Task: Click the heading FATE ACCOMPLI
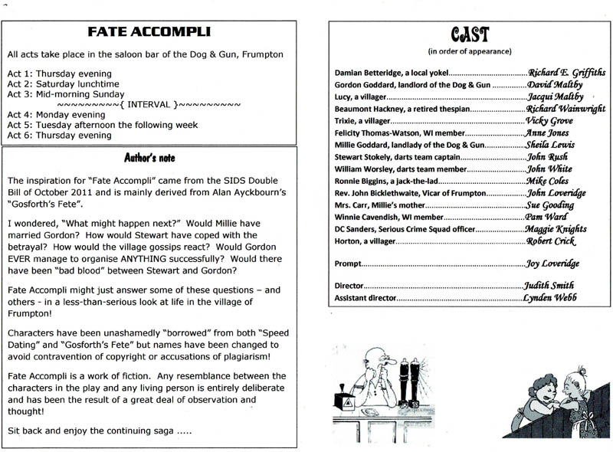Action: point(149,32)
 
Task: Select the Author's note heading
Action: point(150,158)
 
